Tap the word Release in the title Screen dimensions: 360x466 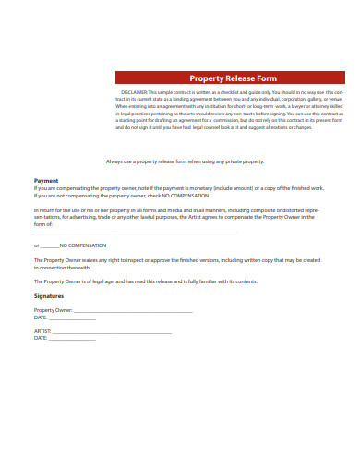[242, 78]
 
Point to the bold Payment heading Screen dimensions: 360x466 [46, 181]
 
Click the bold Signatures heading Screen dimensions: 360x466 [50, 296]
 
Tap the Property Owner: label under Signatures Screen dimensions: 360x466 [53, 312]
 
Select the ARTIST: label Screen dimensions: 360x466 [42, 331]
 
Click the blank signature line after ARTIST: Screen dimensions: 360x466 [112, 332]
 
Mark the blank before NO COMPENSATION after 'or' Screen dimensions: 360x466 [51, 246]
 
